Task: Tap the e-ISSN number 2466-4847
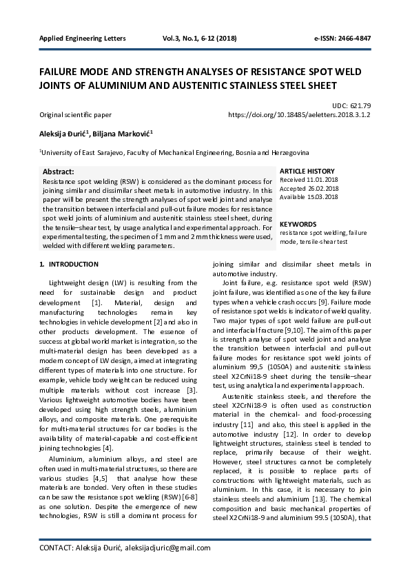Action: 342,39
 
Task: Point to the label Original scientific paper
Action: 75,115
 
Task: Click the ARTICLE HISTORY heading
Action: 307,172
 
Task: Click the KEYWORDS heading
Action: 298,225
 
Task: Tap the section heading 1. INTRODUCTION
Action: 69,265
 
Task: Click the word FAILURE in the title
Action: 61,72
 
